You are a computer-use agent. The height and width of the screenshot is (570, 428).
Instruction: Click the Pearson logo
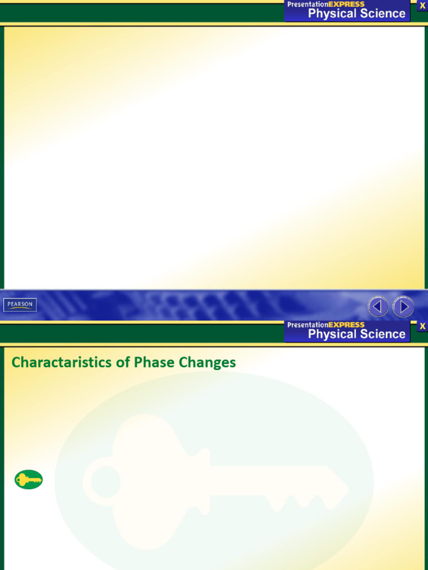[20, 304]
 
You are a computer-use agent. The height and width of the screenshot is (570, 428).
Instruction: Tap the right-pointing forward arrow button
[403, 306]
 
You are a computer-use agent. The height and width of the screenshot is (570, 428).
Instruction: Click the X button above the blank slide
[422, 6]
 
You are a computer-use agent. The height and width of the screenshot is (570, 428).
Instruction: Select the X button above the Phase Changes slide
[422, 326]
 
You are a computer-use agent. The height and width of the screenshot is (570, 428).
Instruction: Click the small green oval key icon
[28, 479]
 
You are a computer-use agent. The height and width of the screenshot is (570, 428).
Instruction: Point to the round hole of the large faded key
[106, 482]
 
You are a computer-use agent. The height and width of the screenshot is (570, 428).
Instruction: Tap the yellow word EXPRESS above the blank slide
[347, 4]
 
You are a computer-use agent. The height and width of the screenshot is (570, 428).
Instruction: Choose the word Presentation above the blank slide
[308, 4]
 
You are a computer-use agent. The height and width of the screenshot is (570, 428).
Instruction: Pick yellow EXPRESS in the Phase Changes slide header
[347, 325]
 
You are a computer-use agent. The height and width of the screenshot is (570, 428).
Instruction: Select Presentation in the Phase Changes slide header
[308, 325]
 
